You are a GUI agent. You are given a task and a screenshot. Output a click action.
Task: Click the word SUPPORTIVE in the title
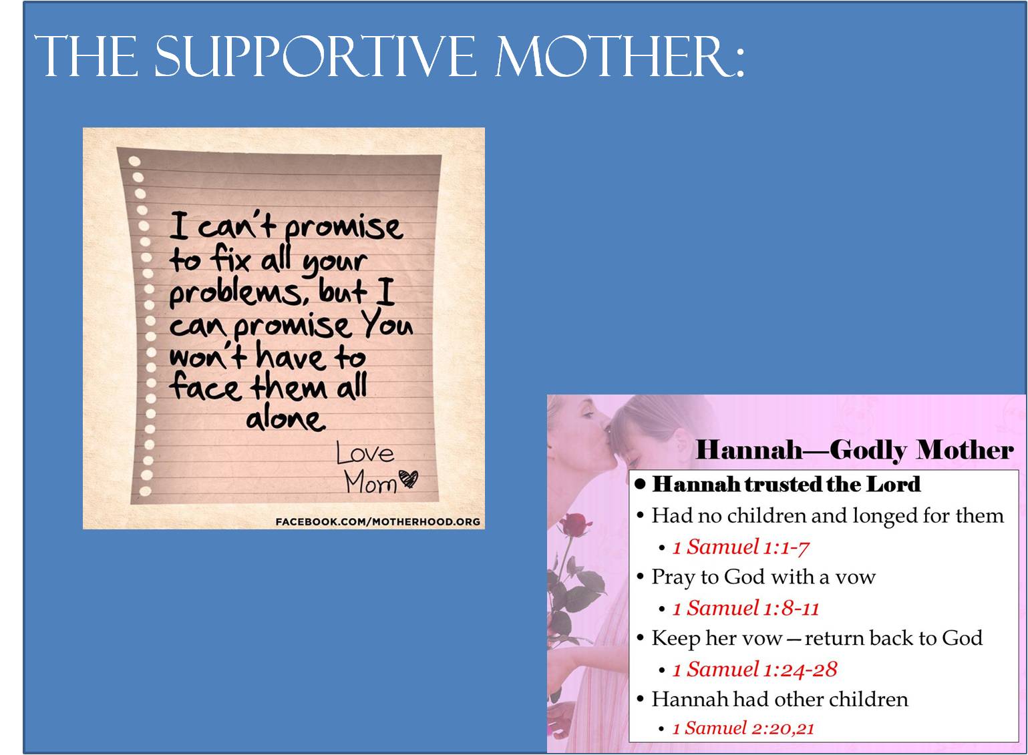tap(315, 56)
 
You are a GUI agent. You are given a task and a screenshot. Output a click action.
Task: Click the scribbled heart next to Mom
tap(408, 479)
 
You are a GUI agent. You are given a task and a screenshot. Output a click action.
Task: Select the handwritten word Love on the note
tap(365, 453)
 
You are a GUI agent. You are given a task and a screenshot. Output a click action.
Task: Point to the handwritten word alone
tap(285, 419)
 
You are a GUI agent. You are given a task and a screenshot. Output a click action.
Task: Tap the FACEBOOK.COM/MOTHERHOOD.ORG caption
tap(377, 521)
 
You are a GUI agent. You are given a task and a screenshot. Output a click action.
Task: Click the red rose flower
tap(575, 525)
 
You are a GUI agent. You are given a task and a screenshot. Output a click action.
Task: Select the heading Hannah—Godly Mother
tap(854, 449)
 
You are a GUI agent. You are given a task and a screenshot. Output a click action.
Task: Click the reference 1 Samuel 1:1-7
tap(741, 547)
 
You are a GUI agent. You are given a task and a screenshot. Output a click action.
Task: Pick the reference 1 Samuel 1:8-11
tap(745, 608)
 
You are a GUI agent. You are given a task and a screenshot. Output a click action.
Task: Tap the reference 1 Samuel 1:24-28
tap(755, 670)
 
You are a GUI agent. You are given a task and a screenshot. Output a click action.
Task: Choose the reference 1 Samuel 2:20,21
tap(743, 728)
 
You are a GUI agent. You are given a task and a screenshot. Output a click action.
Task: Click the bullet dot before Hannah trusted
tap(641, 485)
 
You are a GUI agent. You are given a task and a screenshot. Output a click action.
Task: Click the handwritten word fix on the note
tap(230, 260)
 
